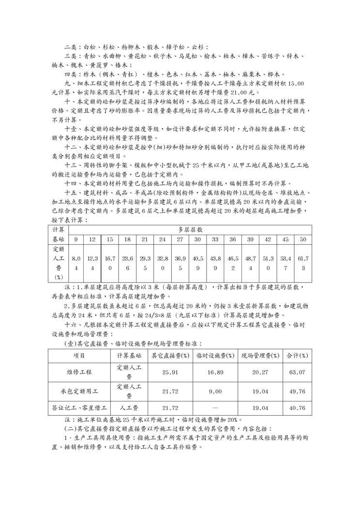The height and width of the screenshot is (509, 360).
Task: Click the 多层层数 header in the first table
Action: (x=189, y=228)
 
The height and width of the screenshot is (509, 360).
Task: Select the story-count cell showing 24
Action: (x=163, y=240)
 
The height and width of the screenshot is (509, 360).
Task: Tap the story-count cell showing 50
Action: (x=303, y=240)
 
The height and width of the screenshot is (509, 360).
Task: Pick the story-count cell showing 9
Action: (x=76, y=240)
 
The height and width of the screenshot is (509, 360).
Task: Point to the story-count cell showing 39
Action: (x=250, y=240)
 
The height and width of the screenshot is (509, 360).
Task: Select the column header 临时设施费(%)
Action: (x=214, y=356)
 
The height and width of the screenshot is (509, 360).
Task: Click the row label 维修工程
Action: (x=79, y=372)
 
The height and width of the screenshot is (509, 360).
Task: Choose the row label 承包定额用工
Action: (x=79, y=390)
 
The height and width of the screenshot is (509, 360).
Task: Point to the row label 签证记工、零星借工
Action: (x=79, y=408)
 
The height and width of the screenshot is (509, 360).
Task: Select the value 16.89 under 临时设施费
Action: (x=214, y=372)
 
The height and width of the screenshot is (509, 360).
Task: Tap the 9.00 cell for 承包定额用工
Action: (x=214, y=390)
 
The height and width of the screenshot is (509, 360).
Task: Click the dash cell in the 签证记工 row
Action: (x=214, y=408)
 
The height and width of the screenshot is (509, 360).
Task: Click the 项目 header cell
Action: (x=79, y=356)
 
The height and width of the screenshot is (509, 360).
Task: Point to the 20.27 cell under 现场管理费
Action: (x=260, y=372)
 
